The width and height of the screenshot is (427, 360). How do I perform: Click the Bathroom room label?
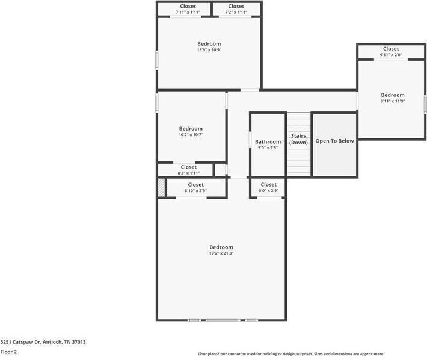268,142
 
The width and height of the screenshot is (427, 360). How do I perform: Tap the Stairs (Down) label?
299,139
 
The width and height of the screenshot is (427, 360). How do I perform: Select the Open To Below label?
335,141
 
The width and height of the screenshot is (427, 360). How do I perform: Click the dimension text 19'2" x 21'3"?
221,253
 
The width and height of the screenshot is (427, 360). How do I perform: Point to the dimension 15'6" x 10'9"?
209,50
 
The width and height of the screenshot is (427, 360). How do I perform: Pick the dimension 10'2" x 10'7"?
191,135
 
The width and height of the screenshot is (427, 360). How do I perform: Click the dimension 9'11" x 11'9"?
393,101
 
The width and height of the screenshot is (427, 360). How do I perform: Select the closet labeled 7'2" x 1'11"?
236,9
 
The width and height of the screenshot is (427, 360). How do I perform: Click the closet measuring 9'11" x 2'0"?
391,52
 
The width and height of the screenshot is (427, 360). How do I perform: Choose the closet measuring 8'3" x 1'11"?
188,170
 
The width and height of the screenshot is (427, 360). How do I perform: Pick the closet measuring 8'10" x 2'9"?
195,188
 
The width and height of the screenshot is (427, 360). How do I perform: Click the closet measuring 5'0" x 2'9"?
268,188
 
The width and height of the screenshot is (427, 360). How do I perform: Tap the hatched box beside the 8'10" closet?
161,187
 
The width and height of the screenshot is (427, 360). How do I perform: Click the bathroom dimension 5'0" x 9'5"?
268,148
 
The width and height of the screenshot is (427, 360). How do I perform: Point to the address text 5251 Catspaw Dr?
43,341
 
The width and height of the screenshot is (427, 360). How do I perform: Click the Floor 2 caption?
8,352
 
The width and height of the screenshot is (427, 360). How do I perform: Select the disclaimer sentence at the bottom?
290,354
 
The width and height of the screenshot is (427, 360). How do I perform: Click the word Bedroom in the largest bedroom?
221,247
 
